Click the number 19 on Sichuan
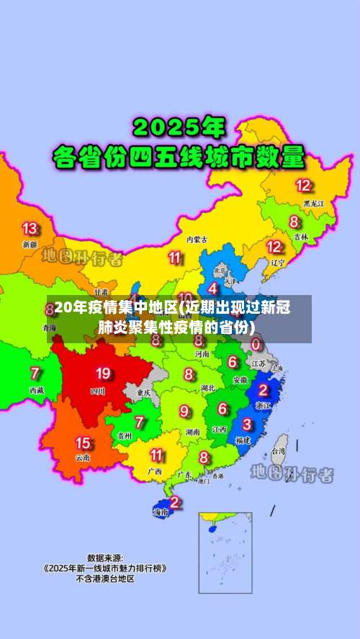(x=103, y=373)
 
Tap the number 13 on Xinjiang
(x=30, y=228)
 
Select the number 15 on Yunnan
(x=83, y=443)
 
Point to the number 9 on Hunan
(x=186, y=411)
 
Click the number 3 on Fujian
(x=247, y=425)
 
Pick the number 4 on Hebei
(x=212, y=288)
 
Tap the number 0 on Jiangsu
(x=256, y=345)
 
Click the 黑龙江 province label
(x=313, y=204)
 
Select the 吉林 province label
(x=300, y=236)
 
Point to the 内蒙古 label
(x=197, y=239)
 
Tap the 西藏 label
(x=36, y=389)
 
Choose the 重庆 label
(x=142, y=393)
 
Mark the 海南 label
(x=161, y=512)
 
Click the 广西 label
(x=154, y=471)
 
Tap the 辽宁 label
(x=278, y=263)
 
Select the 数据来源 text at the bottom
(x=104, y=557)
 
